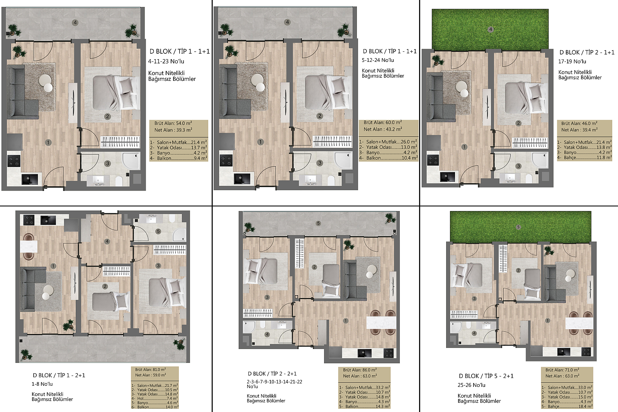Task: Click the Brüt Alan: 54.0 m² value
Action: pyautogui.click(x=173, y=123)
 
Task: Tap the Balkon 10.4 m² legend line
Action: pyautogui.click(x=389, y=158)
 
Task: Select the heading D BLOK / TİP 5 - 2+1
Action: pyautogui.click(x=486, y=376)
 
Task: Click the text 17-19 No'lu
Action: pyautogui.click(x=572, y=61)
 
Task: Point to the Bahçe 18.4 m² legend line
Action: pyautogui.click(x=567, y=407)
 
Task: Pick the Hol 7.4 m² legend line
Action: pyautogui.click(x=155, y=398)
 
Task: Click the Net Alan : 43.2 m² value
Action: pyautogui.click(x=383, y=129)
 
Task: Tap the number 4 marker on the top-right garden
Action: pyautogui.click(x=490, y=29)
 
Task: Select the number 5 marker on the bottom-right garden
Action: pyautogui.click(x=518, y=227)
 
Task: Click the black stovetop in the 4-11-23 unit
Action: pyautogui.click(x=14, y=161)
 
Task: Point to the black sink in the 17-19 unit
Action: pyautogui.click(x=447, y=177)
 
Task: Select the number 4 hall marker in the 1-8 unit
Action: pyautogui.click(x=107, y=241)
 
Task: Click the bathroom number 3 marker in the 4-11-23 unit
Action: pyautogui.click(x=108, y=163)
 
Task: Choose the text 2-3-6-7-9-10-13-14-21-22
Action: pyautogui.click(x=274, y=381)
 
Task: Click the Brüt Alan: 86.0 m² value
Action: pyautogui.click(x=360, y=370)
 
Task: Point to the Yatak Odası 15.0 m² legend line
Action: pyautogui.click(x=567, y=397)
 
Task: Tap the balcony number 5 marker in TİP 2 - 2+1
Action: pyautogui.click(x=318, y=223)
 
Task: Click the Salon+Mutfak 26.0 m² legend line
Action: pyautogui.click(x=388, y=142)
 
